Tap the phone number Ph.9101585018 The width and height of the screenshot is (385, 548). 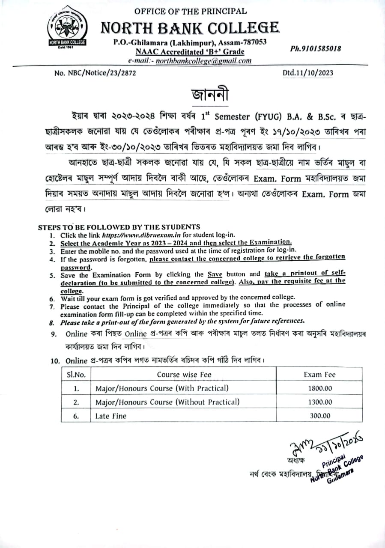[x=316, y=48]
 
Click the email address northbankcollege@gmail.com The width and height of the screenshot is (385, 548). [x=203, y=61]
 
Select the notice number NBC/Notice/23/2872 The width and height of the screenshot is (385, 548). [x=95, y=73]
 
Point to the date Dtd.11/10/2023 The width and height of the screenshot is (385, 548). [x=308, y=73]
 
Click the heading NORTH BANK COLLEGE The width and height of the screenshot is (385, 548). [x=190, y=28]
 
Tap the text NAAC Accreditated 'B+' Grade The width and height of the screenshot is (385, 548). [x=190, y=52]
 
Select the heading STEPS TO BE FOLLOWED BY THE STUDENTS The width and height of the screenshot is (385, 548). [x=119, y=227]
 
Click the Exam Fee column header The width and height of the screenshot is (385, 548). [x=319, y=375]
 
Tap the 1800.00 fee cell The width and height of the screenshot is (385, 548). [x=319, y=388]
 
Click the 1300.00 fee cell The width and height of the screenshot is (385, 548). [x=319, y=402]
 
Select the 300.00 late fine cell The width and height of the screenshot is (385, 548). [x=319, y=415]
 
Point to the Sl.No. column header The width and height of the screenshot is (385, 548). [x=76, y=375]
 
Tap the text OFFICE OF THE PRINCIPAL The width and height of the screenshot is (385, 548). [x=190, y=12]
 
